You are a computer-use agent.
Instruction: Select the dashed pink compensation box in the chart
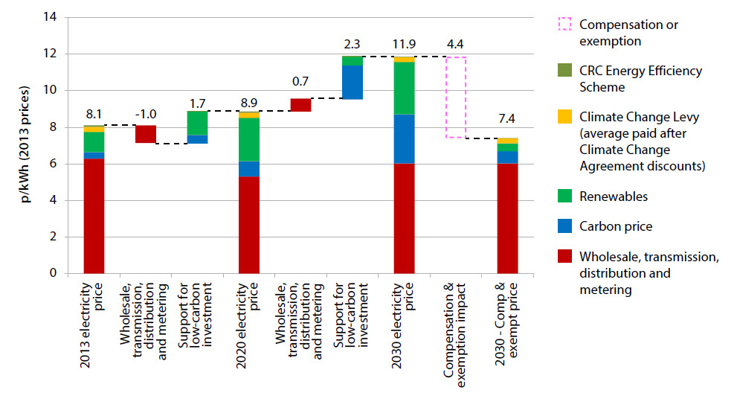455,97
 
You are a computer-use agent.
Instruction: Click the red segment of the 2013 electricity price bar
94,216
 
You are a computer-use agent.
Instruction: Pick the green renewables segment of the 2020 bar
249,139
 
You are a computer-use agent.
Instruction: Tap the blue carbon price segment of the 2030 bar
404,139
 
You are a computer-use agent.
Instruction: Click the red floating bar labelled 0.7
300,105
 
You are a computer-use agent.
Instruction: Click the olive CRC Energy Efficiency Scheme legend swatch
566,71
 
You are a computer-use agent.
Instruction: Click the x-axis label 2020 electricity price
249,313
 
